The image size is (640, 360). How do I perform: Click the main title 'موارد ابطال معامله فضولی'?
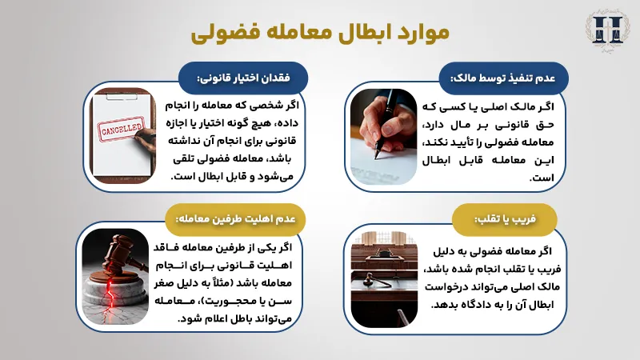pyautogui.click(x=320, y=33)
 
